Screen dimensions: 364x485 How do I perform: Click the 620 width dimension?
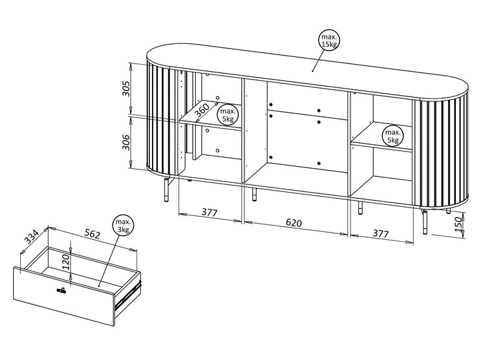click(294, 223)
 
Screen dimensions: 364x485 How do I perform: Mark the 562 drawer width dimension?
click(92, 234)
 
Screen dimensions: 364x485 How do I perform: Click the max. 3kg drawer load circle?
click(123, 226)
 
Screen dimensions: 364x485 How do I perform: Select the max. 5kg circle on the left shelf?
click(227, 114)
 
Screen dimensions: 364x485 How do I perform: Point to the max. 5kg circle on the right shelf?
click(392, 135)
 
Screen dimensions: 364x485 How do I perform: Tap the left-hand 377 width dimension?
click(209, 211)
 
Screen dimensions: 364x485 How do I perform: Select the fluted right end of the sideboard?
click(443, 155)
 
